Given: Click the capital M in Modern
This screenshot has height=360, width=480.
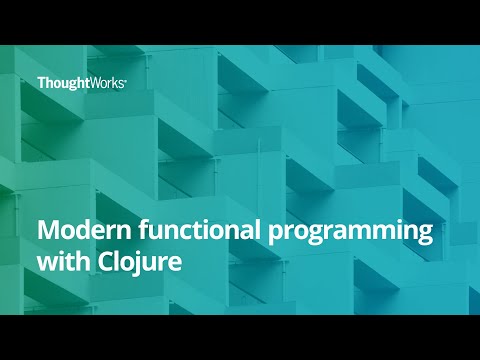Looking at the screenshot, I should pyautogui.click(x=47, y=231).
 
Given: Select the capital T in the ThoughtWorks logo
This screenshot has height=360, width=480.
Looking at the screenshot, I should pyautogui.click(x=41, y=83).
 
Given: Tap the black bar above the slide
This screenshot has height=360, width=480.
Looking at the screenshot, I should pyautogui.click(x=240, y=22).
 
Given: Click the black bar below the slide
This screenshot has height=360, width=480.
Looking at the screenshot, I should pyautogui.click(x=240, y=337).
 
